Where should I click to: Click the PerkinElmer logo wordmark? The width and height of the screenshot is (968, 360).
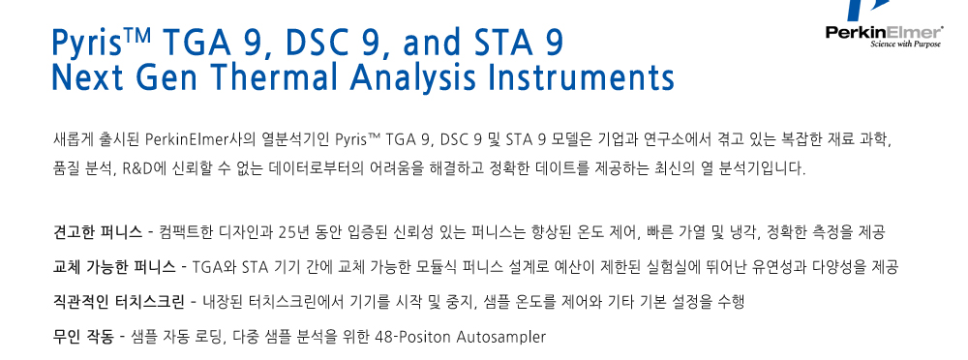pos(884,32)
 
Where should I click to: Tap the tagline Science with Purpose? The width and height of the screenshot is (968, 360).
pos(906,44)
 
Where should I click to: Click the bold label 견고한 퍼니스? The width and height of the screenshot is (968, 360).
pos(98,233)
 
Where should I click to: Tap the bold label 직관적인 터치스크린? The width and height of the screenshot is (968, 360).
pos(118,303)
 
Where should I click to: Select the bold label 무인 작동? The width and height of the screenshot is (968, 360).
pos(83,337)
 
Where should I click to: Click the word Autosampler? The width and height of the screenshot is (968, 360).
pos(501,338)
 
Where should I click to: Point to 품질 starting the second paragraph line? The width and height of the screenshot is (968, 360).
pos(66,168)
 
